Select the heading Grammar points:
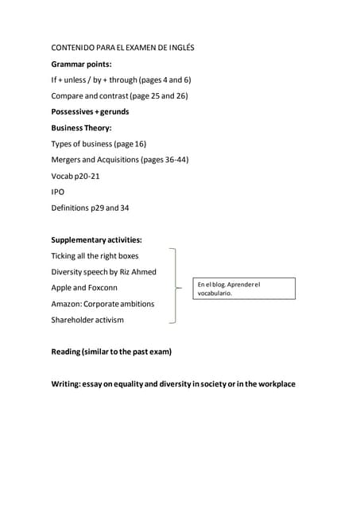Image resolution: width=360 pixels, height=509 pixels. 81,64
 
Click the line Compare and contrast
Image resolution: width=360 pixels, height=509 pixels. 119,95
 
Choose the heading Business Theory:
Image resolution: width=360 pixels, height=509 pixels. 81,127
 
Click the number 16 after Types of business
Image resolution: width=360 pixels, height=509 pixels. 140,144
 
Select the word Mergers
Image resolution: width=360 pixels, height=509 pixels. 68,160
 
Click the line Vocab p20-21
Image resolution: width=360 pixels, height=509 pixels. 75,176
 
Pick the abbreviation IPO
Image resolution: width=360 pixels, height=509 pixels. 58,192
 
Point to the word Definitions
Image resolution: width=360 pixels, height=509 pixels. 70,208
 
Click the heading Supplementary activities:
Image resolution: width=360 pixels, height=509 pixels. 96,239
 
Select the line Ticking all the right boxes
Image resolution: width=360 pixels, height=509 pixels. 95,255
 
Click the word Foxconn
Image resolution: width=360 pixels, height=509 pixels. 102,288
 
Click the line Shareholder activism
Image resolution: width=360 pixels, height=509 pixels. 87,320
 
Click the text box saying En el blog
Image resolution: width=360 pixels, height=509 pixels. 245,288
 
